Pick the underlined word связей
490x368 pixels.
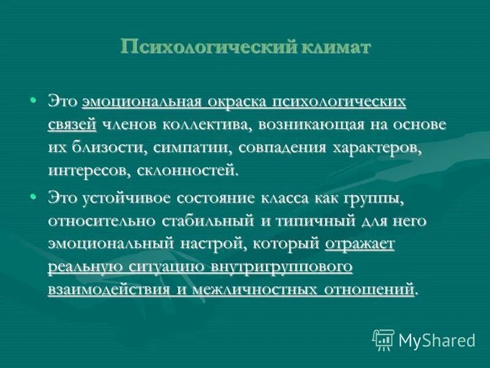coord(72,124)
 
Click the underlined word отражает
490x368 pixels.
coord(360,243)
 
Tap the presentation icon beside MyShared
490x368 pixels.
coord(384,339)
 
